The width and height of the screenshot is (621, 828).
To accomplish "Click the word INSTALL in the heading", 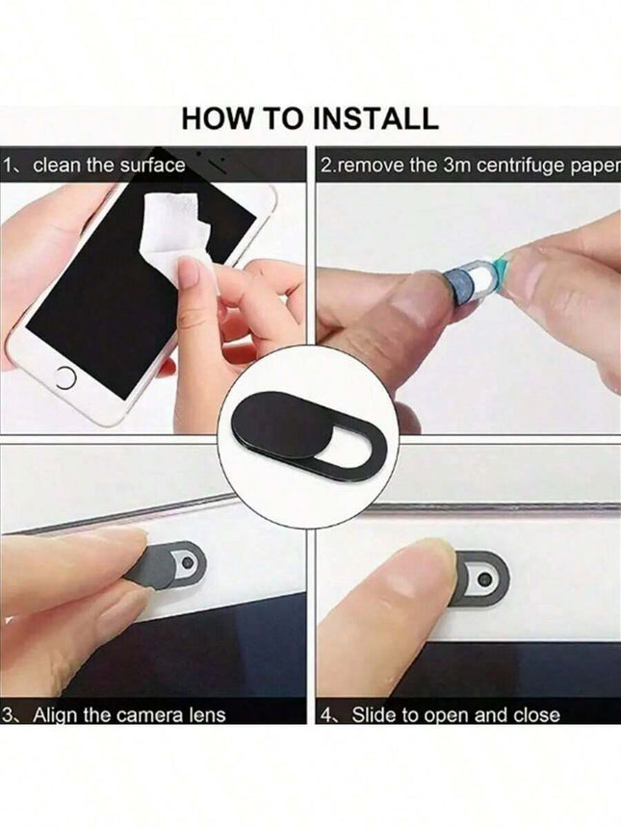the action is point(375,118).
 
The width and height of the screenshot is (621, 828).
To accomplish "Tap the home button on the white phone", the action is point(65,378).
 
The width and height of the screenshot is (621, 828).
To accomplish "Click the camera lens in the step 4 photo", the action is point(483,580).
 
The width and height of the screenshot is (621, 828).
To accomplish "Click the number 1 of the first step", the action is point(9,166).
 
